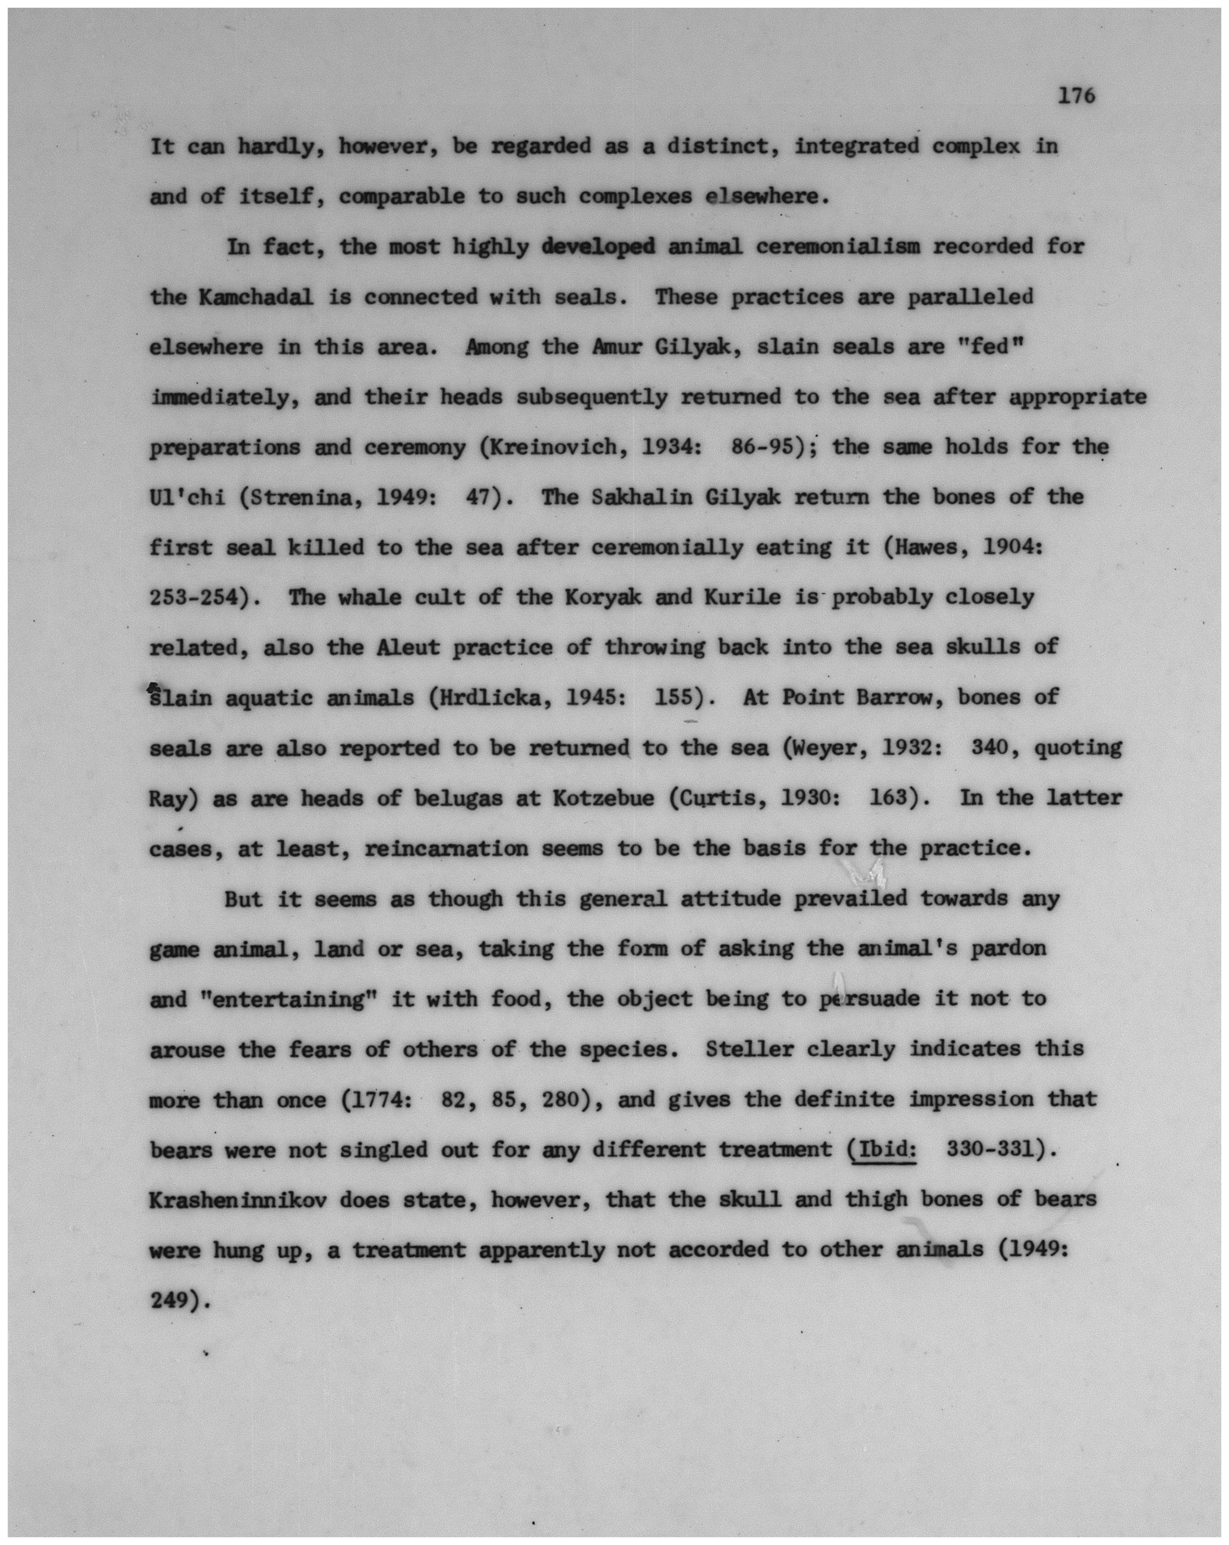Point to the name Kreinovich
click(545, 447)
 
